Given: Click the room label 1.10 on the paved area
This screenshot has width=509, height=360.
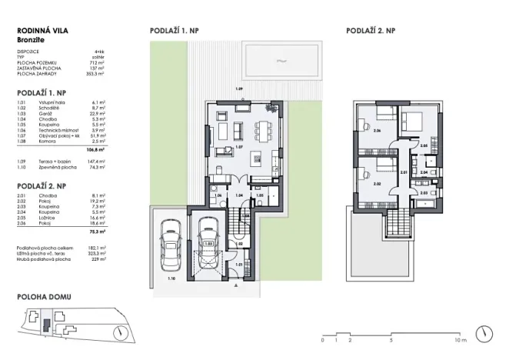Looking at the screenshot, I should click(x=170, y=278).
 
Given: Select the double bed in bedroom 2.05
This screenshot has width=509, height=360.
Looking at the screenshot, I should click(x=411, y=122).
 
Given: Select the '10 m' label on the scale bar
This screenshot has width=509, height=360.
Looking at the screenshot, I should click(x=461, y=339).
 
